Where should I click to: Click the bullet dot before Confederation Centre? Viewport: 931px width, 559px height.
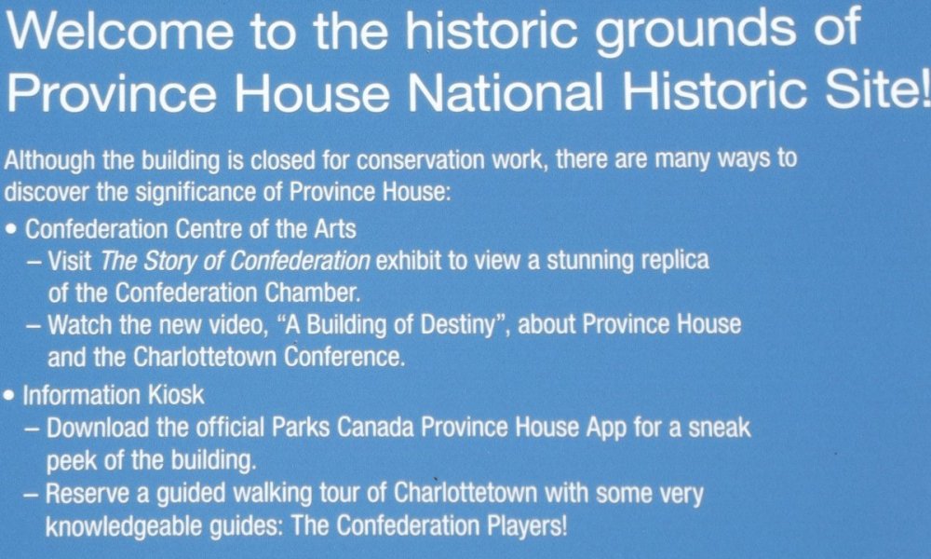pyautogui.click(x=12, y=229)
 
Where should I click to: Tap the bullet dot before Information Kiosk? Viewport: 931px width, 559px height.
pyautogui.click(x=10, y=395)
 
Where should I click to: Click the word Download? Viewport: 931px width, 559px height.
pyautogui.click(x=98, y=428)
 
